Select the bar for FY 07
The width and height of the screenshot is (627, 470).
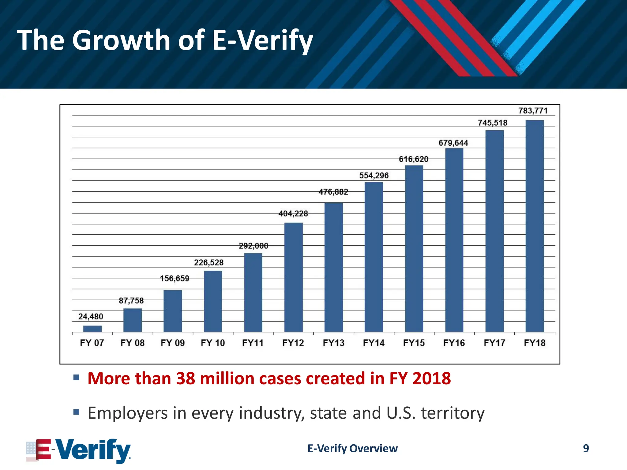click(x=92, y=329)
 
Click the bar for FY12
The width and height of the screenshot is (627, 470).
click(x=293, y=277)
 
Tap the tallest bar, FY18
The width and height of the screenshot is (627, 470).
click(x=535, y=226)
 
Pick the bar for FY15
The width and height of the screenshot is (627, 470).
click(x=414, y=248)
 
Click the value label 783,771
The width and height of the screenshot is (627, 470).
click(x=533, y=110)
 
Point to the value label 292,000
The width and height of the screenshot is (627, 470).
click(x=253, y=246)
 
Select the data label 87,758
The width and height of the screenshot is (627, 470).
click(x=131, y=300)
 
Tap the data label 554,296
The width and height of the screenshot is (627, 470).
click(x=374, y=175)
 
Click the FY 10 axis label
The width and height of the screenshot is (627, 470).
click(x=212, y=343)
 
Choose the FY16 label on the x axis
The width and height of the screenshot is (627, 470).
click(x=454, y=343)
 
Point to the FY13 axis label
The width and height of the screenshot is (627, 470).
click(x=333, y=343)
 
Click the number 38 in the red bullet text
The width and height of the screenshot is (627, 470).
click(x=186, y=379)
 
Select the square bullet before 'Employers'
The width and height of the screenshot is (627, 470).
click(x=76, y=412)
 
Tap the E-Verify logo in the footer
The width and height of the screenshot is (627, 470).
click(x=79, y=450)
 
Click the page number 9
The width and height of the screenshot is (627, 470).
click(x=586, y=448)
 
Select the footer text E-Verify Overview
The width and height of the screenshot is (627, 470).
click(x=352, y=448)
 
